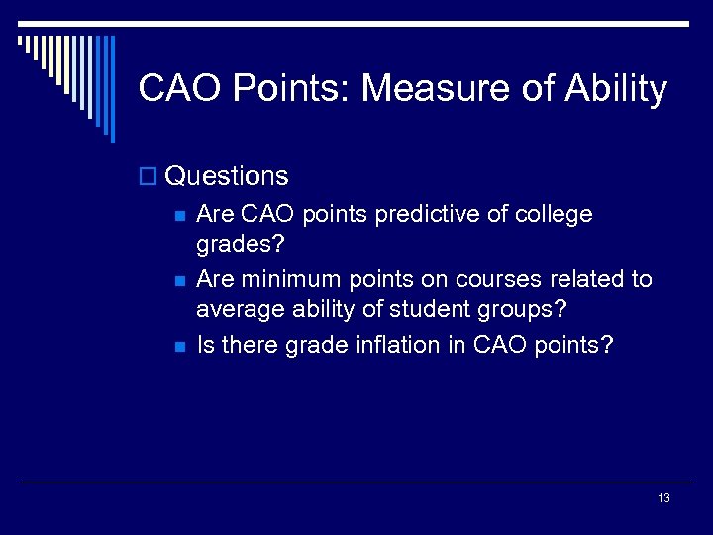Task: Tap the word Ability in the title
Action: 616,90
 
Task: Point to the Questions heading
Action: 227,176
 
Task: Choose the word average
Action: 236,310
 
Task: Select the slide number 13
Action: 663,498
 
